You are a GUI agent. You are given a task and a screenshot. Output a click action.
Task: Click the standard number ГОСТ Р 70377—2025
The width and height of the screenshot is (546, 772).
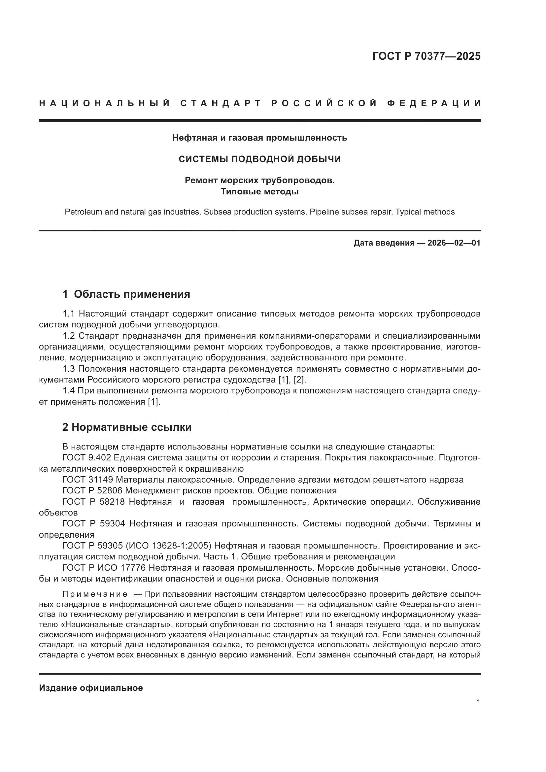click(x=426, y=56)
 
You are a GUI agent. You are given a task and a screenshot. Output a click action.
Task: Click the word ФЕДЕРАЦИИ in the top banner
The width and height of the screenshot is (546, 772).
click(x=434, y=103)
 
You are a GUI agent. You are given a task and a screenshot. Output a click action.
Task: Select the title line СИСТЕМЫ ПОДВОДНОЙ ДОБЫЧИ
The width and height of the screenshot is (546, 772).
click(x=259, y=159)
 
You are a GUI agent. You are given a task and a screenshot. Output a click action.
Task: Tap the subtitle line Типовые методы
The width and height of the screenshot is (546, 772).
click(x=259, y=192)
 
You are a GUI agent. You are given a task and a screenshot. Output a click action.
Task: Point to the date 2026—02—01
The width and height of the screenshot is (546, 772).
click(x=454, y=243)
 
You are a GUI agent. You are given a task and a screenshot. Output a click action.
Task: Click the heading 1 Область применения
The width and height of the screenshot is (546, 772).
click(x=126, y=294)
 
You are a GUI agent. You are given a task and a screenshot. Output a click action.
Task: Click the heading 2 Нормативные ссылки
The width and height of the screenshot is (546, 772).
click(x=127, y=427)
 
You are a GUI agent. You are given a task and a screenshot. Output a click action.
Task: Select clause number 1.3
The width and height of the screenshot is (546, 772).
click(x=69, y=369)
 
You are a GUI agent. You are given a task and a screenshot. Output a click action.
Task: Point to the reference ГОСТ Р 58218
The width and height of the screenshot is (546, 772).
click(x=93, y=502)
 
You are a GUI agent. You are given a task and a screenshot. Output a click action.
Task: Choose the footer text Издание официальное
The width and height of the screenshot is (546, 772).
click(x=91, y=688)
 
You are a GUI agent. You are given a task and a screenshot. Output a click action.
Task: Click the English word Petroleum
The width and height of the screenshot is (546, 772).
click(x=82, y=212)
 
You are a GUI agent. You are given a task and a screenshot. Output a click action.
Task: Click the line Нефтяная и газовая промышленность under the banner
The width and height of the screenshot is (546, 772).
click(x=259, y=138)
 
